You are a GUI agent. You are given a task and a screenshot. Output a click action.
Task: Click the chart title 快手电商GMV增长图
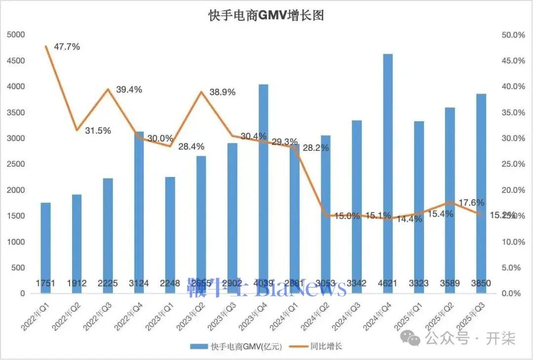click(266, 15)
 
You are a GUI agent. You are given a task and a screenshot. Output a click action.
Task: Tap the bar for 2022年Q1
click(45, 247)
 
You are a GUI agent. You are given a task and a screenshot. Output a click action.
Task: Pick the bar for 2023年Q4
click(264, 187)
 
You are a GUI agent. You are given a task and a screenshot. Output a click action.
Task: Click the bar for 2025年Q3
click(481, 192)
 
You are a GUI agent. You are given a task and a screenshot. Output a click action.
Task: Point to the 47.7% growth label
click(67, 47)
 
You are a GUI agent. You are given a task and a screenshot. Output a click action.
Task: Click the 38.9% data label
click(222, 92)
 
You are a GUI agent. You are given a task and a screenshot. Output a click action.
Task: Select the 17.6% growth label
click(472, 203)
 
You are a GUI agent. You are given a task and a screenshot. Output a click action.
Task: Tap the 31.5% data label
click(98, 131)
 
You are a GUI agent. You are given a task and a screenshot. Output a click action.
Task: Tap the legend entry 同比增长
click(326, 346)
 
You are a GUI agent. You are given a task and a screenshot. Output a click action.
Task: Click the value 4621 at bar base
click(388, 284)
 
